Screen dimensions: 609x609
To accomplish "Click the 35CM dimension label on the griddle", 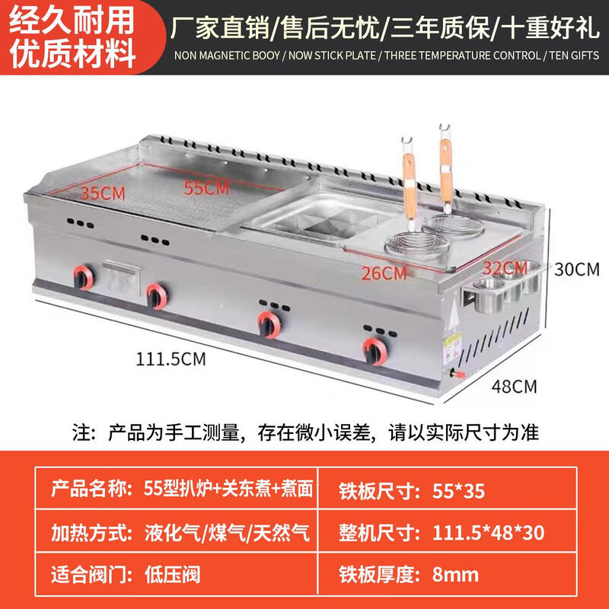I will click(103, 193).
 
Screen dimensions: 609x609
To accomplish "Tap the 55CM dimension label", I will click(206, 185).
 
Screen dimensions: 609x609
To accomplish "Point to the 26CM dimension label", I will click(384, 273).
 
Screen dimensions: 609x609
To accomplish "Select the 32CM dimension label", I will click(504, 267).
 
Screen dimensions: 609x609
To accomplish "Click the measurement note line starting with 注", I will click(304, 432).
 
